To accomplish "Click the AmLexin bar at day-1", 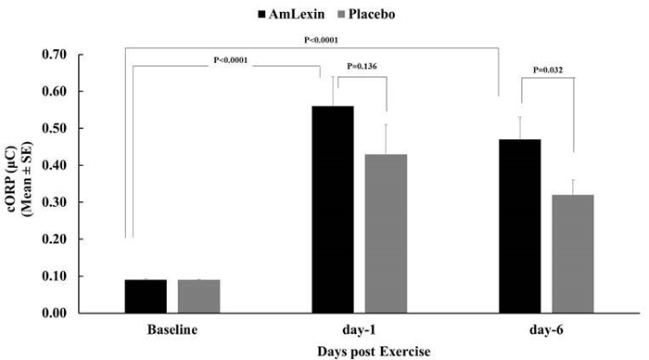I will click(x=332, y=210).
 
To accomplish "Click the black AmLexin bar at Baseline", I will click(x=146, y=296).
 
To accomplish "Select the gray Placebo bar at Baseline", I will click(x=198, y=296).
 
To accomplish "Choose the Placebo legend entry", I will click(x=364, y=15).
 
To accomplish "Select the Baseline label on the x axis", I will click(x=172, y=329).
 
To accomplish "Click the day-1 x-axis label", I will click(x=360, y=329).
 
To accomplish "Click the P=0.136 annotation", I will click(x=364, y=67).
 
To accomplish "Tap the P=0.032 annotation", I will click(x=552, y=70).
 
